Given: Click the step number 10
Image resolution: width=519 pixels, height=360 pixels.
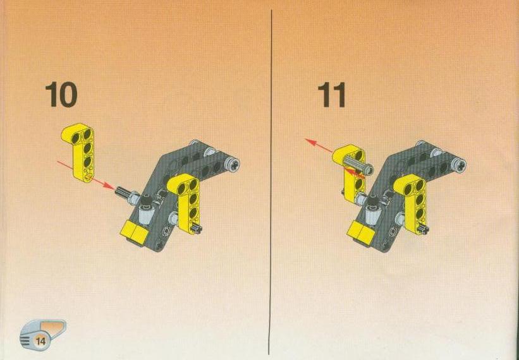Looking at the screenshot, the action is coord(61,95).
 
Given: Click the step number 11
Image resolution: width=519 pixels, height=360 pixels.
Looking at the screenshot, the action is coord(331,95).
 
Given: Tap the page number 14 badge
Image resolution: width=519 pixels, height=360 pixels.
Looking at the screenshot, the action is coord(41,340).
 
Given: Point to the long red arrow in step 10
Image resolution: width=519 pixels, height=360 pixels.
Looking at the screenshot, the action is coord(86,175).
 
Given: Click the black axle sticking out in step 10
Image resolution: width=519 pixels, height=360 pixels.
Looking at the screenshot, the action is coord(122,192).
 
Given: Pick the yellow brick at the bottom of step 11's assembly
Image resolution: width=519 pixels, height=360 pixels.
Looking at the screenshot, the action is coord(361,233).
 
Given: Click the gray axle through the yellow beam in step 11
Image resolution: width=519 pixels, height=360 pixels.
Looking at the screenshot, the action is coord(358,165).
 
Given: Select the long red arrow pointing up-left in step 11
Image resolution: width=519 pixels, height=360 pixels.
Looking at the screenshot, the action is coord(319,146).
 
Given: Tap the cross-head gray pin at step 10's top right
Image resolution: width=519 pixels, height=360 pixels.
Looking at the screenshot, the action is coord(232,164).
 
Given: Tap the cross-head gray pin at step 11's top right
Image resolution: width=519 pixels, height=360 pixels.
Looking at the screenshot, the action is coord(458,164).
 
